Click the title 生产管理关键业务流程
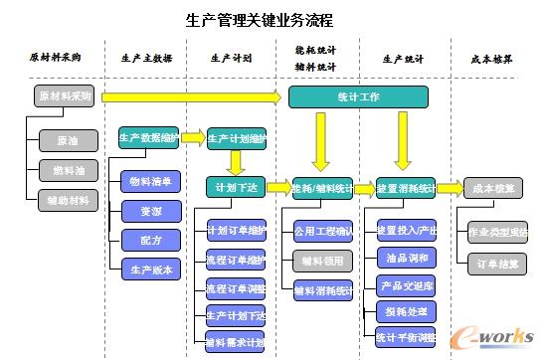(x=260, y=20)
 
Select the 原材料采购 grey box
(x=62, y=96)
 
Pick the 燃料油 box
(x=69, y=170)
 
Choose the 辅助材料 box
(x=69, y=200)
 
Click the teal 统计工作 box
(x=358, y=96)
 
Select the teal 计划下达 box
(x=236, y=187)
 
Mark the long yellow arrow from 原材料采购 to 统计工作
(x=189, y=97)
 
